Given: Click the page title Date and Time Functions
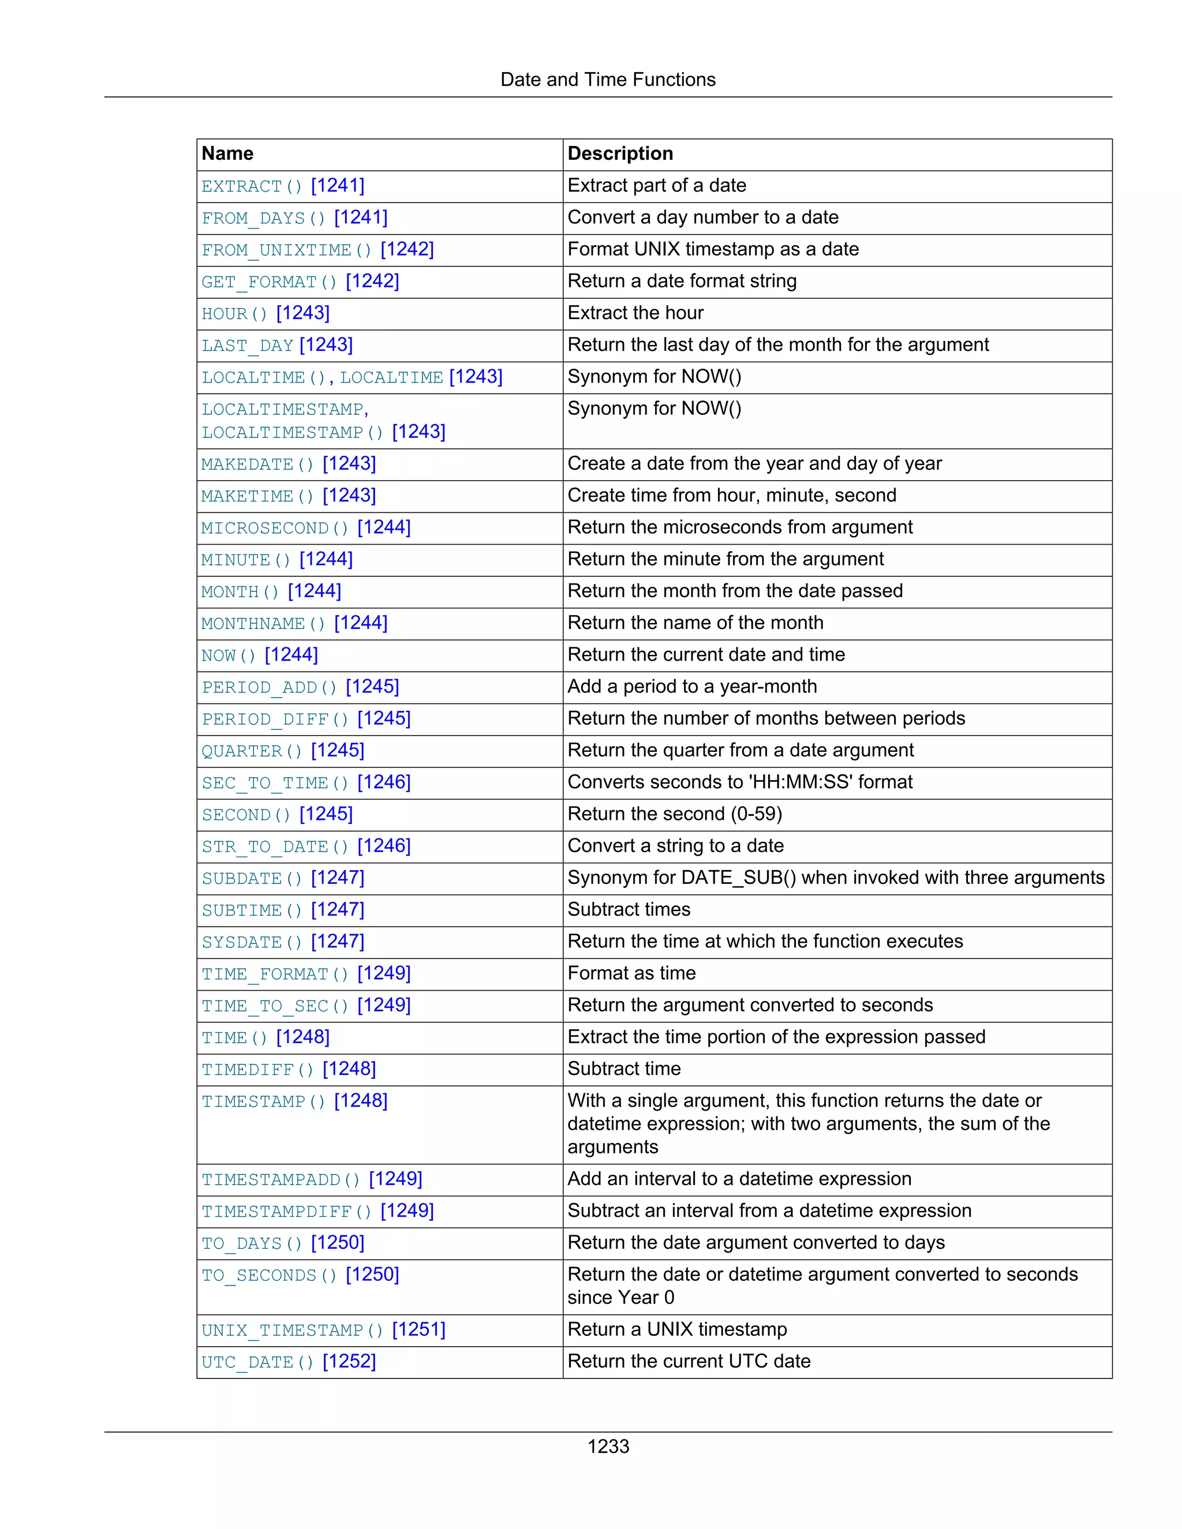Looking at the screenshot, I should (x=607, y=79).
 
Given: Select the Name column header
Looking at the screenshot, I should (x=227, y=153).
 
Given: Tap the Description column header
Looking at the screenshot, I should (x=620, y=153).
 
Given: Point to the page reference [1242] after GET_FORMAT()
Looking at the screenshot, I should (x=372, y=282).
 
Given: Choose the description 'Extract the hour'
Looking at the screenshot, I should (x=635, y=313).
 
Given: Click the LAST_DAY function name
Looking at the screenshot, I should (x=247, y=345).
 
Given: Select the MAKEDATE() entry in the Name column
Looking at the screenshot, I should (x=257, y=464).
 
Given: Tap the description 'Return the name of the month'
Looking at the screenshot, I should (x=695, y=623).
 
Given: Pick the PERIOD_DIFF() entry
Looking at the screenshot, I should (x=275, y=719).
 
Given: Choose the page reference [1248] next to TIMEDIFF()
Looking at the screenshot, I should (x=349, y=1069).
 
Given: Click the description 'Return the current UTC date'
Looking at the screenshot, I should (x=689, y=1361).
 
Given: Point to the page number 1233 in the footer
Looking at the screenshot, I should (x=608, y=1446).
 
